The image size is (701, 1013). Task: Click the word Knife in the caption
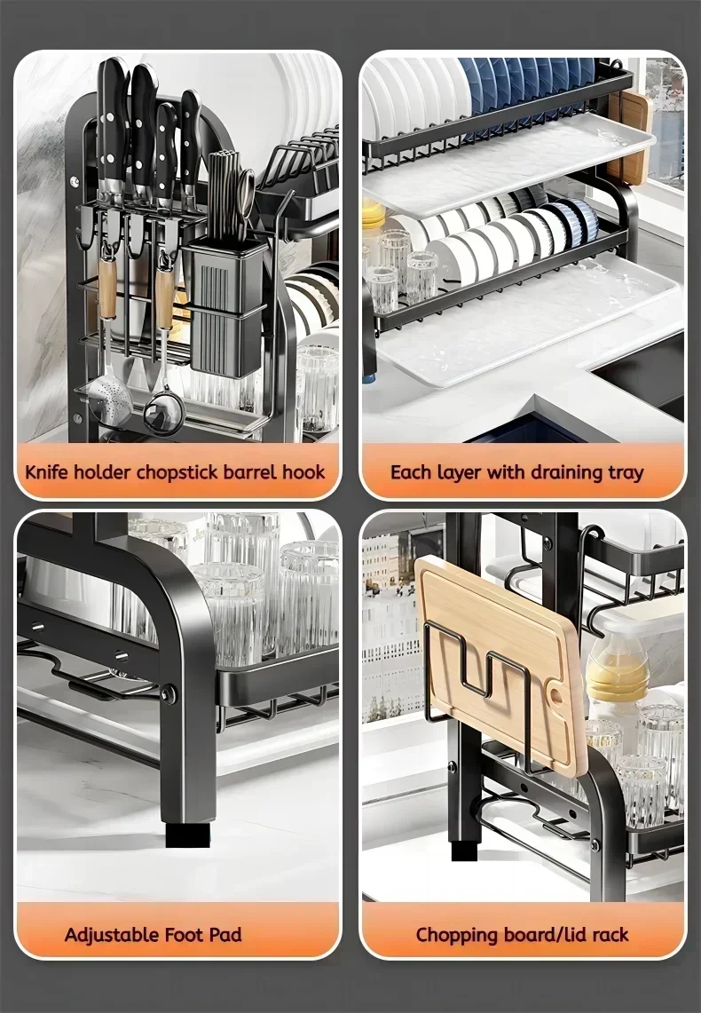coord(46,471)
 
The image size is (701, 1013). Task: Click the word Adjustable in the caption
coord(111,935)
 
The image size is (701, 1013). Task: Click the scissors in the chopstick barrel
coord(246,194)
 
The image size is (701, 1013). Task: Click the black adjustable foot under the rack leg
coord(188,835)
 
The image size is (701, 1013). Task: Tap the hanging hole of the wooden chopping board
coord(555,696)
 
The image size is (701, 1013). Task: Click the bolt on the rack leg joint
coord(169,694)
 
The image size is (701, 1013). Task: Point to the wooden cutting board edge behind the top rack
coord(629,136)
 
